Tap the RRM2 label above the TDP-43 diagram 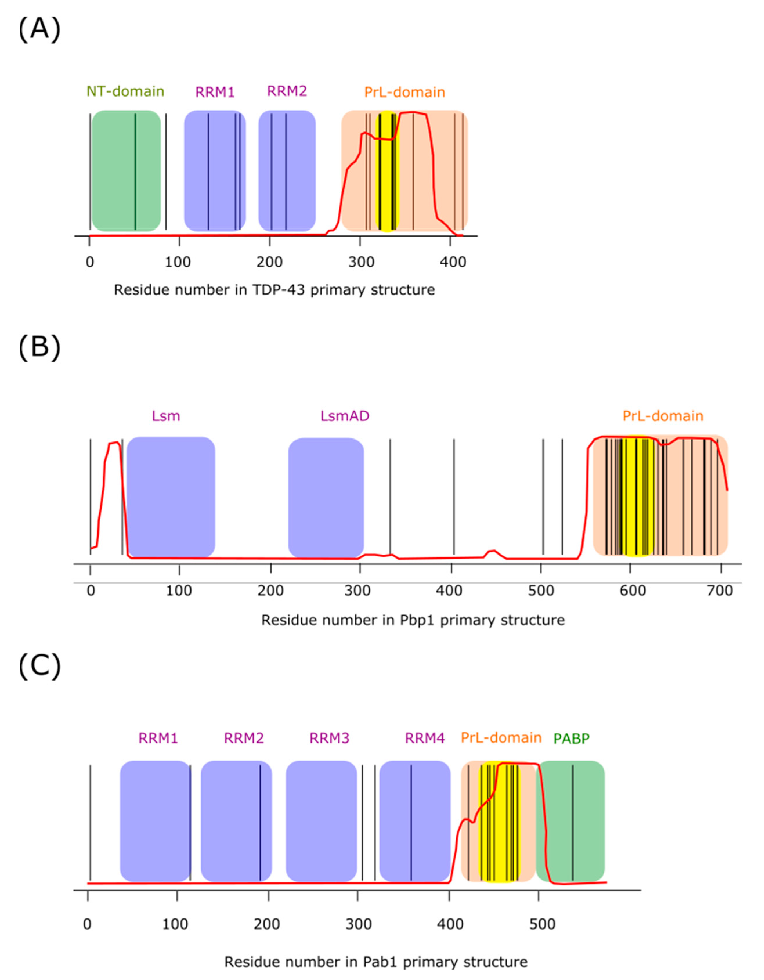click(287, 91)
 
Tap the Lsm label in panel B click(166, 416)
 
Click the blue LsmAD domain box click(326, 498)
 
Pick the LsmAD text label click(344, 416)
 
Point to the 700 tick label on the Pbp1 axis click(720, 591)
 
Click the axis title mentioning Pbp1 click(413, 620)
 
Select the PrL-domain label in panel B click(663, 416)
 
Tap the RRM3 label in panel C click(329, 738)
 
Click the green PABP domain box click(570, 821)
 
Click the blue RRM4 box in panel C click(415, 821)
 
